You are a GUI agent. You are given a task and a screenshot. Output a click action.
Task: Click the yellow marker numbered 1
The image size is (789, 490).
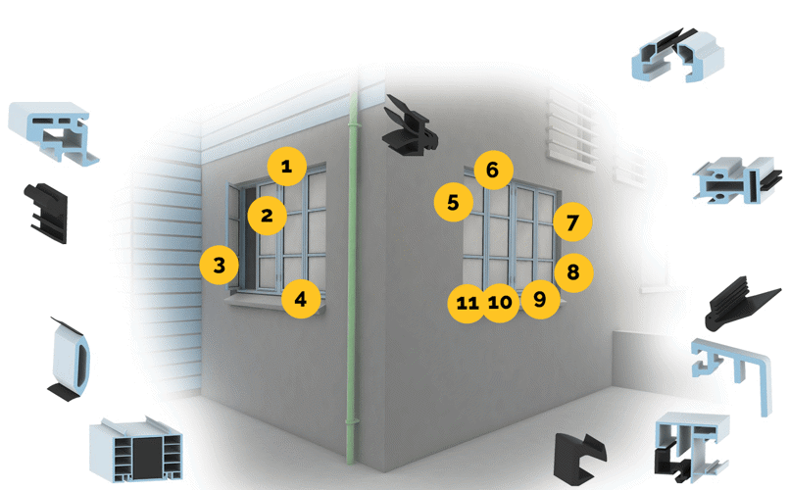pos(285,168)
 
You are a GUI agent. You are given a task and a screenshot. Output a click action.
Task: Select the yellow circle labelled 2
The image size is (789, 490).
pos(267,215)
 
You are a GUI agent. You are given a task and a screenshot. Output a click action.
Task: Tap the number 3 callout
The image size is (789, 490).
pos(220,265)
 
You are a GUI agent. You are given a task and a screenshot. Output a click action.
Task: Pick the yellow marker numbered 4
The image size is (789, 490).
pos(301,299)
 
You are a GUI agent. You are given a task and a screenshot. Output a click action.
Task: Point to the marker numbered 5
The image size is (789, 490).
pos(453,204)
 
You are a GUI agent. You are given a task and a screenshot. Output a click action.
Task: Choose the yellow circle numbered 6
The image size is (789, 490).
pos(492,171)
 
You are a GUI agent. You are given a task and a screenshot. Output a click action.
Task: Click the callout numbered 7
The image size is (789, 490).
pos(572,221)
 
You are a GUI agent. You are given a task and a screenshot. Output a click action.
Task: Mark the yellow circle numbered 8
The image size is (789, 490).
pos(573,271)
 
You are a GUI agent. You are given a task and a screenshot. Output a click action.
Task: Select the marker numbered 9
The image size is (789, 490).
pos(539,299)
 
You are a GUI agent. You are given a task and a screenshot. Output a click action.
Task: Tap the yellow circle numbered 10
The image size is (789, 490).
pos(500,303)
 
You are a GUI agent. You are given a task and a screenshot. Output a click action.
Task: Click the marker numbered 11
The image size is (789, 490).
pos(467,303)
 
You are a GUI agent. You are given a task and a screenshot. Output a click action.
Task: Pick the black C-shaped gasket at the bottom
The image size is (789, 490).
pos(577,458)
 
